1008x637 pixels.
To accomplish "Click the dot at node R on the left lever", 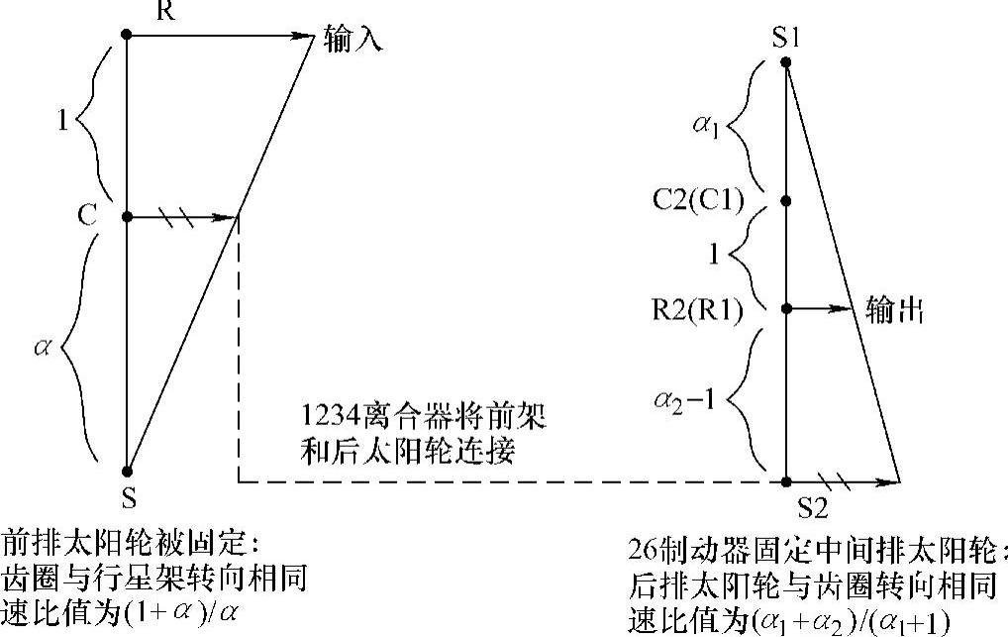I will coord(126,35).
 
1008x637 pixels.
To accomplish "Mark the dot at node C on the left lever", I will coord(126,216).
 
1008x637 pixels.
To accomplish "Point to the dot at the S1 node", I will coord(786,62).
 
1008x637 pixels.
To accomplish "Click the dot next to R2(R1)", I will coord(786,308).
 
